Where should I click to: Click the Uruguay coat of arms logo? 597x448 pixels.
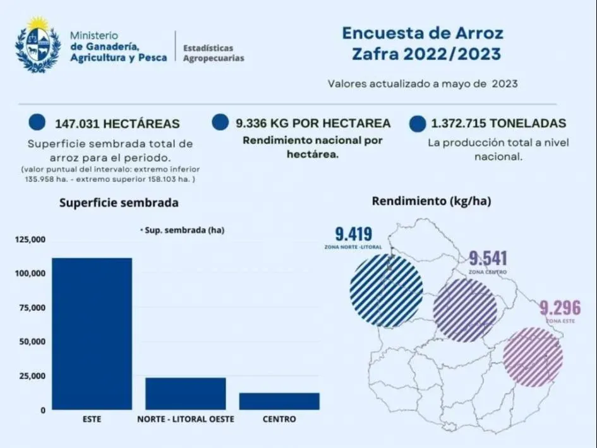37,44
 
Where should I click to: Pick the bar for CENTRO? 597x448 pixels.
279,401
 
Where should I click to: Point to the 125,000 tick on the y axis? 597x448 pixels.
30,240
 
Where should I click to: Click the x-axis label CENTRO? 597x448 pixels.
279,419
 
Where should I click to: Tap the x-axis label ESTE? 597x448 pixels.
92,419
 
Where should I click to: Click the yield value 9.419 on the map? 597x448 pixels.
353,234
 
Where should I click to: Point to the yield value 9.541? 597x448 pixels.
488,258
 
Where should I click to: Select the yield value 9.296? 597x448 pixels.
560,308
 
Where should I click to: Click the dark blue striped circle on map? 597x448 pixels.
386,291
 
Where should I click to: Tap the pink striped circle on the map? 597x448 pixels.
533,356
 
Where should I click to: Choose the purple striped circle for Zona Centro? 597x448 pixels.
466,310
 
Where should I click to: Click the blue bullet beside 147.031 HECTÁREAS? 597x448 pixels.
37,123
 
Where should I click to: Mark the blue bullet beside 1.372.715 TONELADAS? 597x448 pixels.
417,123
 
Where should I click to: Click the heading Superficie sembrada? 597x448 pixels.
119,203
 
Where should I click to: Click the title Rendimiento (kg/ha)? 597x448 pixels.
431,202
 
